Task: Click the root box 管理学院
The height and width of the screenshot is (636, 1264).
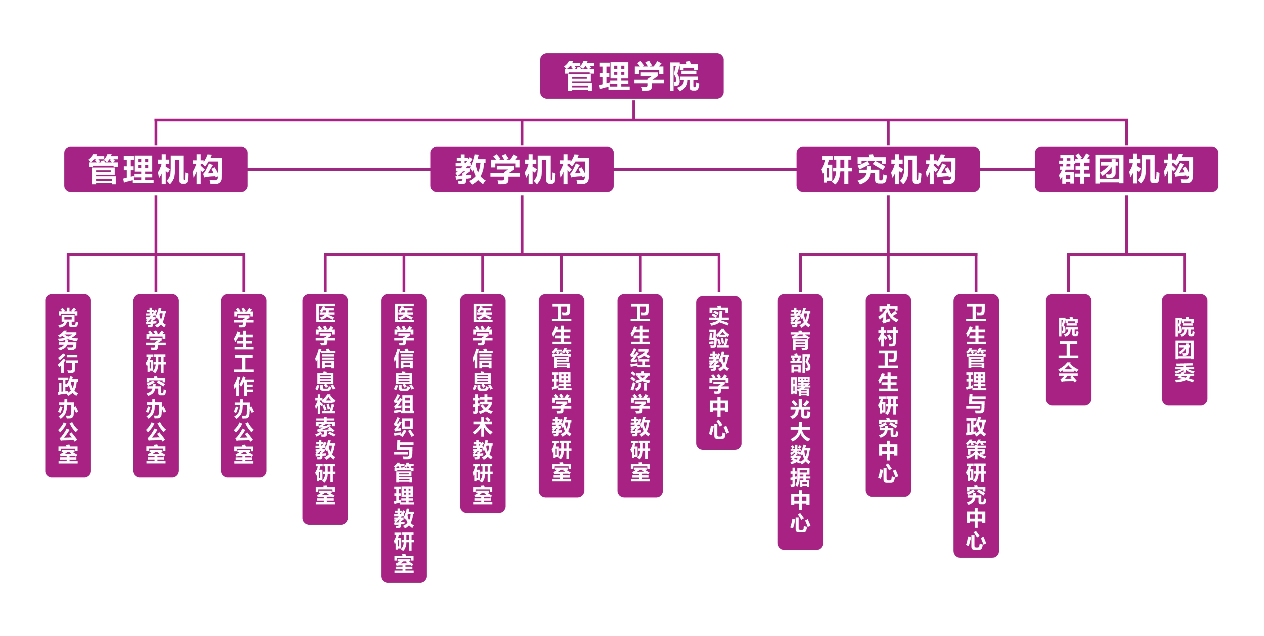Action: [x=632, y=76]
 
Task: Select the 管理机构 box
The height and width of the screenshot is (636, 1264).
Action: [x=156, y=169]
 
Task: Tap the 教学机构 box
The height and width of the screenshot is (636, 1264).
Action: [x=522, y=169]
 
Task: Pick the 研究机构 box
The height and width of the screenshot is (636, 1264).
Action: [x=887, y=169]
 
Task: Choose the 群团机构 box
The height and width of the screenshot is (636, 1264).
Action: [x=1126, y=169]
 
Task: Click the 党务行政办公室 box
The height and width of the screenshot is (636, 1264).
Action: [x=68, y=385]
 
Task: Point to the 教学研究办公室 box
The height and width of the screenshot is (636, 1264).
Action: [x=156, y=385]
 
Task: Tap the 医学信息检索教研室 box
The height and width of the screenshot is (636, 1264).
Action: [x=325, y=409]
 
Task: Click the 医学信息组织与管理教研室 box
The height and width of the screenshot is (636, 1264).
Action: [x=404, y=438]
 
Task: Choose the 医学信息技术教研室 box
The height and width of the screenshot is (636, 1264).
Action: [x=482, y=403]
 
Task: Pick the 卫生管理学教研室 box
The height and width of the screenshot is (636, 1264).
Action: [x=561, y=395]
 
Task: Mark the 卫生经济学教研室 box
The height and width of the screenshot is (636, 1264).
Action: [x=640, y=395]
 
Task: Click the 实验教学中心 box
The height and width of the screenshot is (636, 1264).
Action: [x=718, y=373]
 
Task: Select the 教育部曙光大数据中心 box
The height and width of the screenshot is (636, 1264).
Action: [x=800, y=422]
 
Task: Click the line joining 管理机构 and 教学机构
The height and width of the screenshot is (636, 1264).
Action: [x=339, y=169]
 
